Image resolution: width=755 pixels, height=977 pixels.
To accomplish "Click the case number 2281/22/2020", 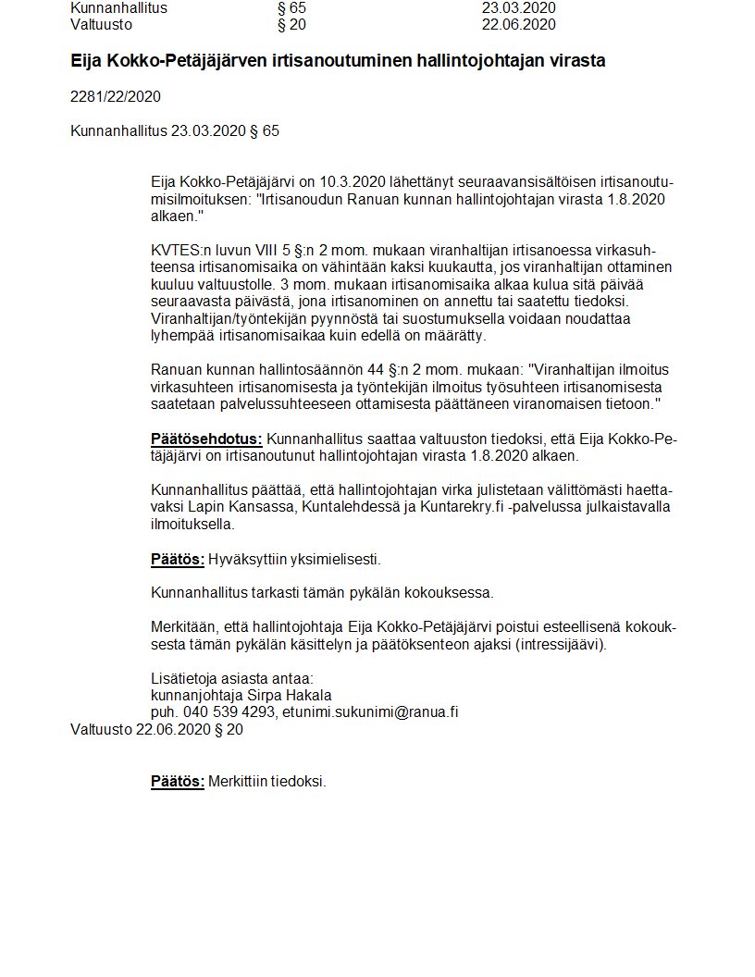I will coord(116,96).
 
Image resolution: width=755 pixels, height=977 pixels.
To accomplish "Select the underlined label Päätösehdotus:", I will coord(206,439).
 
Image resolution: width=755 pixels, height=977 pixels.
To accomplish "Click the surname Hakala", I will coord(307,695).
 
